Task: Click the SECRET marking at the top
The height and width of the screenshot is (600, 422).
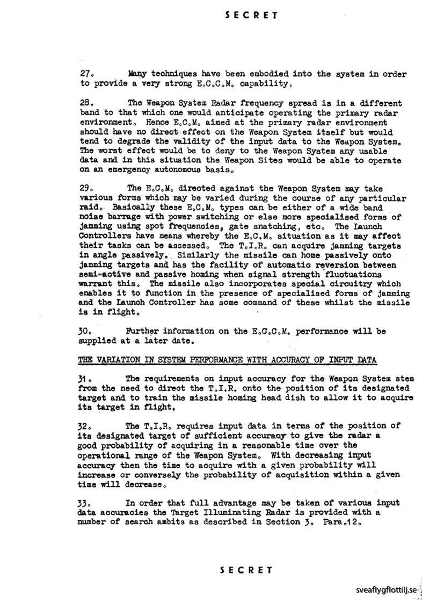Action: coord(251,15)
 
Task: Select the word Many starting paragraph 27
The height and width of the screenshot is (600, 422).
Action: coord(139,74)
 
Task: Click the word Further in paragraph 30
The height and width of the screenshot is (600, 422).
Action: coord(141,331)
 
